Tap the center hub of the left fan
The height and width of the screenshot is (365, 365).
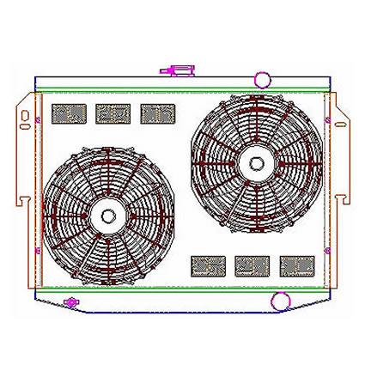(x=108, y=219)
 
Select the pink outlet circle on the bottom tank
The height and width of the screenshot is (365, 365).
(x=279, y=301)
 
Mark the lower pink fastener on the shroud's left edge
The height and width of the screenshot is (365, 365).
(x=40, y=249)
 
